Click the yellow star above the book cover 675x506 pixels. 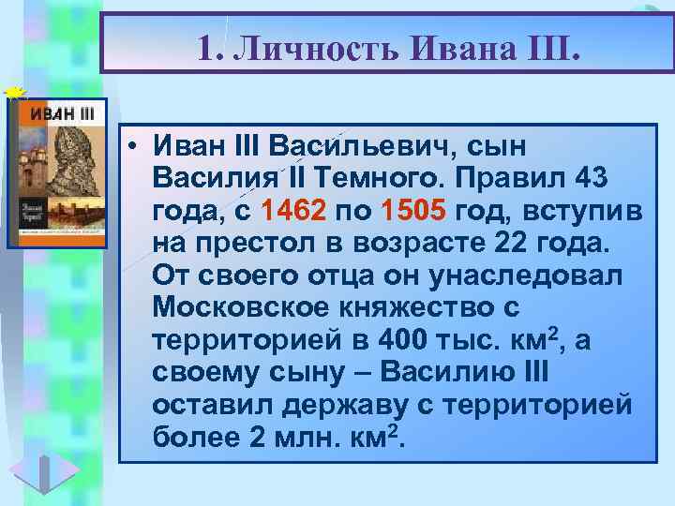click(12, 92)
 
